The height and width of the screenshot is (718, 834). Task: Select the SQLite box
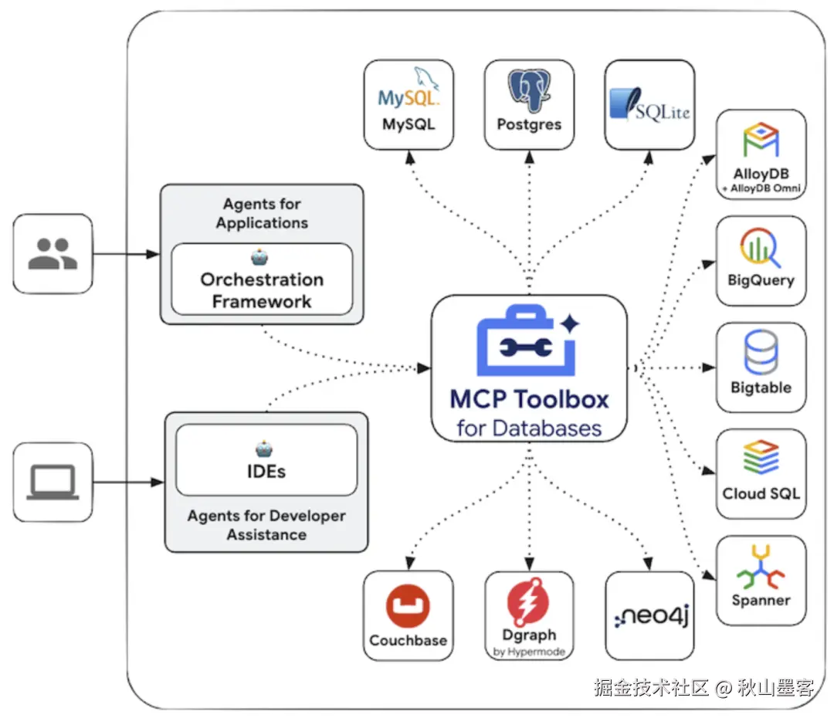point(649,104)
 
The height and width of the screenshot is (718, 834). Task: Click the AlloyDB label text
point(761,174)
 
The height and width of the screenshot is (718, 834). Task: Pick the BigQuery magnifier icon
point(761,247)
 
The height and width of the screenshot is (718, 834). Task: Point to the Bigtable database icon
point(761,354)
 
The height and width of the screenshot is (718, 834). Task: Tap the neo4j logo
point(649,616)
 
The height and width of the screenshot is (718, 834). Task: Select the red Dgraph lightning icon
point(529,601)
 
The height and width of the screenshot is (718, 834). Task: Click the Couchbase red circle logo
point(408,607)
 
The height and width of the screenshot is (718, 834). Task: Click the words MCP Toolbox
point(529,398)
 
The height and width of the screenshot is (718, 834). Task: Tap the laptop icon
point(53,483)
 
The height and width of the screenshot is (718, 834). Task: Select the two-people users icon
point(53,253)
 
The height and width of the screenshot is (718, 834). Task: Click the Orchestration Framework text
point(262,290)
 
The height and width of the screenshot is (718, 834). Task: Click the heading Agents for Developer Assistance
point(266,525)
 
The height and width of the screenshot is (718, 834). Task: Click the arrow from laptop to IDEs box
point(128,483)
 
